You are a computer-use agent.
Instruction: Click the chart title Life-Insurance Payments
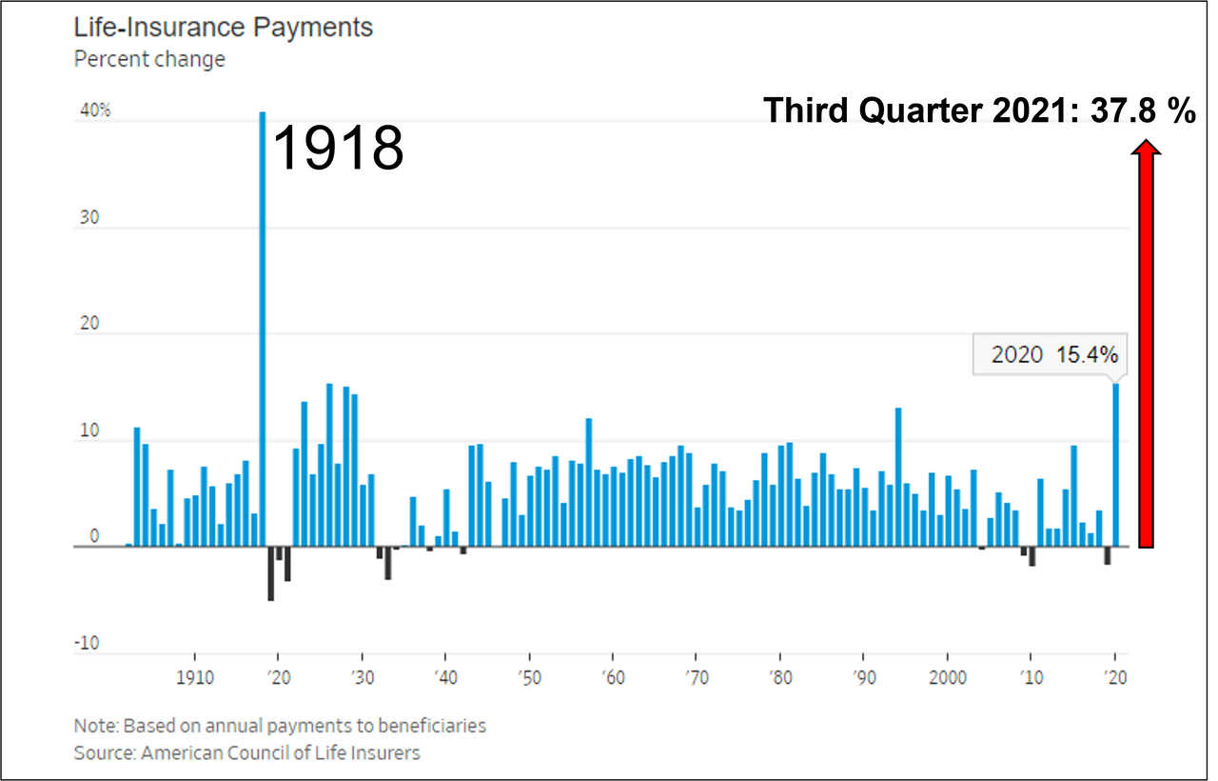[224, 28]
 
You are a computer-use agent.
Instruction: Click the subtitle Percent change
[149, 59]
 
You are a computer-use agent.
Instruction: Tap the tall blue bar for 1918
[263, 324]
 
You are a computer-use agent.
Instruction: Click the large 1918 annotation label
[339, 148]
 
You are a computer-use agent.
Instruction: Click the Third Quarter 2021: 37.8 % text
[979, 111]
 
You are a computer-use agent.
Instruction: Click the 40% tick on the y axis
[95, 110]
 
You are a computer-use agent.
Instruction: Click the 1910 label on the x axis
[194, 683]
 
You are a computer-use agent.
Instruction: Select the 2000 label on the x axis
[946, 683]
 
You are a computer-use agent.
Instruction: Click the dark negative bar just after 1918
[271, 573]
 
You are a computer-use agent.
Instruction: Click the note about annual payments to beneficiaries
[280, 726]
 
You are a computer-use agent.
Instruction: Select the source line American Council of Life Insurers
[246, 752]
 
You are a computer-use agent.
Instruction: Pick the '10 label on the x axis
[1030, 683]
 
